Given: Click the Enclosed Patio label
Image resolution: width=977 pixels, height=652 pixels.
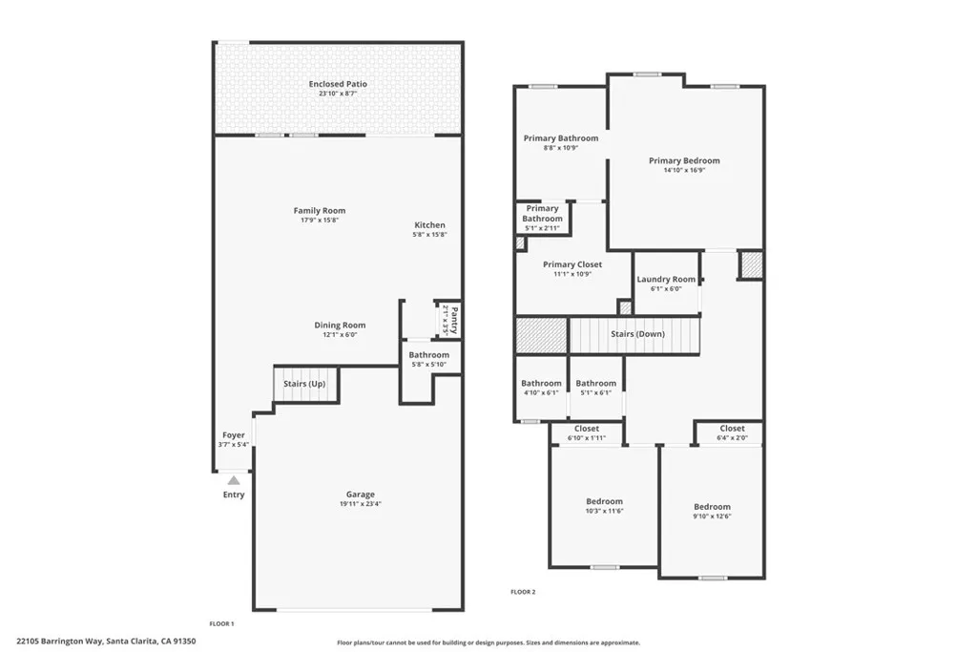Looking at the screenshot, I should [338, 84].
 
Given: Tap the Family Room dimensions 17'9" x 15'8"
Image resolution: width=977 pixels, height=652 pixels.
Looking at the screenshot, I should [320, 220].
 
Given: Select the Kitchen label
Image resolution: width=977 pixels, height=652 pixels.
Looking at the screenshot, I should [430, 225].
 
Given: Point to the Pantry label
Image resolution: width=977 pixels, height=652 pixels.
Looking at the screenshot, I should [455, 318].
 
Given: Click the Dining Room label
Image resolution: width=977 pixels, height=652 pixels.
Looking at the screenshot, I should [341, 326].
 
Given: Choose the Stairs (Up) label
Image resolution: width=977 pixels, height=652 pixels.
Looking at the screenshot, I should [304, 384].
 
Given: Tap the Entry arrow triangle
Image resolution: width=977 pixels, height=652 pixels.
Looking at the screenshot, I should [234, 480].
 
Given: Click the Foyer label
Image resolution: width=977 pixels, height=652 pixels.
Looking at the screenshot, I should [234, 435].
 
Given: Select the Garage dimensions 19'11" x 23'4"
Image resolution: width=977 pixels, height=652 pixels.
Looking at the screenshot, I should [360, 504].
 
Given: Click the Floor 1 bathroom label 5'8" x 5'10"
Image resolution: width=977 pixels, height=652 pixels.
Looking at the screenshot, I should [429, 355].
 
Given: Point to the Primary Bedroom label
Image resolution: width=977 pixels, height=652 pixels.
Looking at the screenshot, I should [684, 161].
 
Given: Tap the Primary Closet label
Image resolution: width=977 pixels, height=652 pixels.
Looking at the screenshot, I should [572, 264].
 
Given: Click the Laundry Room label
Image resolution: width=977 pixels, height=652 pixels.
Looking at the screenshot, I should [666, 280].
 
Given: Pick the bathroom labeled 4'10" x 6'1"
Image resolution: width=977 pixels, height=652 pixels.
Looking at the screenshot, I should [541, 384].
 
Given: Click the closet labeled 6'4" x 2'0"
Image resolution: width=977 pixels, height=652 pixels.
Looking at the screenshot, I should [733, 429].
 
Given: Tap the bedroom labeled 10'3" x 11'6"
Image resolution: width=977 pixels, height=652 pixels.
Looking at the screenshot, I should [604, 501].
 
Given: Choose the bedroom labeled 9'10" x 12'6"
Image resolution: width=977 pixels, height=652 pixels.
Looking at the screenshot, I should [712, 507].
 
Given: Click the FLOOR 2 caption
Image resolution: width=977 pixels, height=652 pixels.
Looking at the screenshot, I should [523, 592].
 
